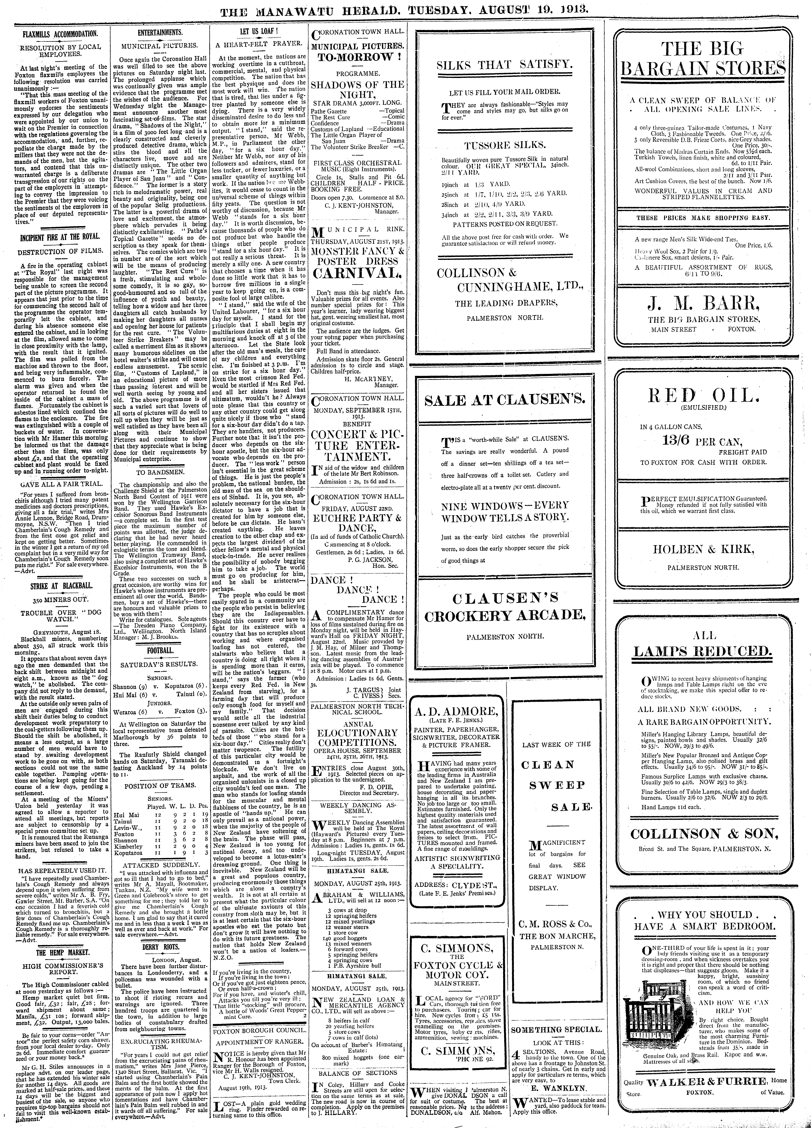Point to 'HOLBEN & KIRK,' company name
pyautogui.click(x=703, y=549)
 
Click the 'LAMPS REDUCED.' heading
pyautogui.click(x=703, y=651)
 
